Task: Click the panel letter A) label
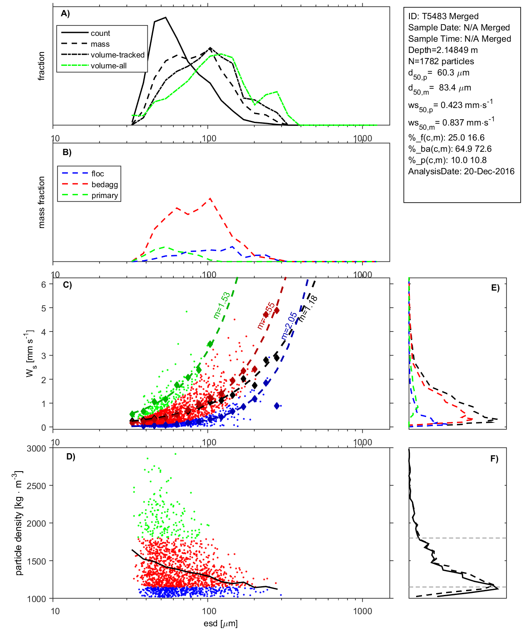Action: tap(65, 13)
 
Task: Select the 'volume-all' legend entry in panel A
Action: tap(108, 66)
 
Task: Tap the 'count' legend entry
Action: tap(100, 33)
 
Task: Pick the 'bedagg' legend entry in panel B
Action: tap(105, 185)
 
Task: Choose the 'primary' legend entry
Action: tap(105, 196)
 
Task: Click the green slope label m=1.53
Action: tap(221, 306)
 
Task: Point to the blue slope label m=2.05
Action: tap(289, 326)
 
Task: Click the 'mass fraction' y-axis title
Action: tap(41, 202)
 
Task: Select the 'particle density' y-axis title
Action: tap(19, 523)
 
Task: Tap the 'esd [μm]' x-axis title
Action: tap(221, 623)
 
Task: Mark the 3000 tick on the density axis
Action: tap(36, 449)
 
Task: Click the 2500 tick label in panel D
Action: tap(36, 486)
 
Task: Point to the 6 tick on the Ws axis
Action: tap(43, 284)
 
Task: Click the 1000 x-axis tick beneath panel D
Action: tap(362, 611)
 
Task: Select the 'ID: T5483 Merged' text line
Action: tap(443, 16)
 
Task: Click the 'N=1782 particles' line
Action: tap(441, 61)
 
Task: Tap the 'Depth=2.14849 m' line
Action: tap(443, 50)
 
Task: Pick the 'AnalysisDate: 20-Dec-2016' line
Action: tap(461, 171)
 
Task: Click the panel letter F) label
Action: tap(494, 459)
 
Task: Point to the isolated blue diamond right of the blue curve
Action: tap(277, 406)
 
